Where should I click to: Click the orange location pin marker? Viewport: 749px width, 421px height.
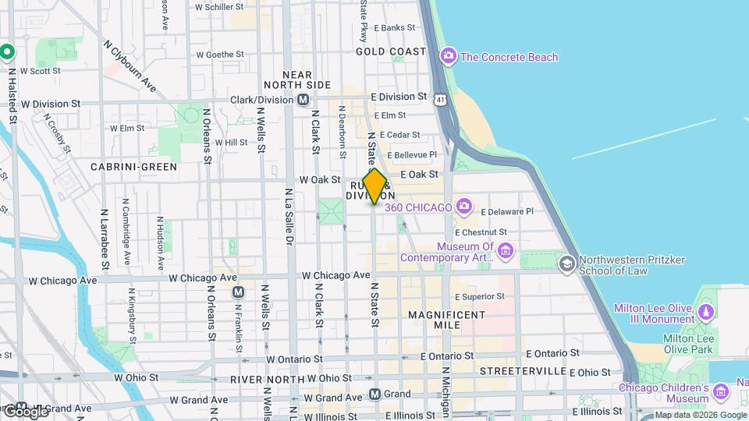[x=374, y=186]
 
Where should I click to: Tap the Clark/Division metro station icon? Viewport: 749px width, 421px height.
[x=303, y=100]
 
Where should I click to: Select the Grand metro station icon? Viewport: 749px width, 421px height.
[x=375, y=394]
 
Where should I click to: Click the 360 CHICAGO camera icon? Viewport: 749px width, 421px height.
[x=464, y=207]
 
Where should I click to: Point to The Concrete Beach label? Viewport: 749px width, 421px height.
[x=509, y=57]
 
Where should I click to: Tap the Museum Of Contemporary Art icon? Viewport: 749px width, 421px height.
[x=506, y=250]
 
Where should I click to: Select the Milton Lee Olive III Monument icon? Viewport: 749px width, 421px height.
[x=706, y=313]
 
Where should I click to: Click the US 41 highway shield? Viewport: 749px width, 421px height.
[x=442, y=100]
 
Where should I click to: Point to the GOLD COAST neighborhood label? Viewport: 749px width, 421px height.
[x=391, y=51]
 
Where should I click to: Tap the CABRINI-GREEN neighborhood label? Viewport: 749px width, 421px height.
[x=133, y=167]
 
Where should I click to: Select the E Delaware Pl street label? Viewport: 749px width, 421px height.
[x=506, y=211]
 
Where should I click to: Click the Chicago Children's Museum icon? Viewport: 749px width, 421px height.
[x=737, y=387]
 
